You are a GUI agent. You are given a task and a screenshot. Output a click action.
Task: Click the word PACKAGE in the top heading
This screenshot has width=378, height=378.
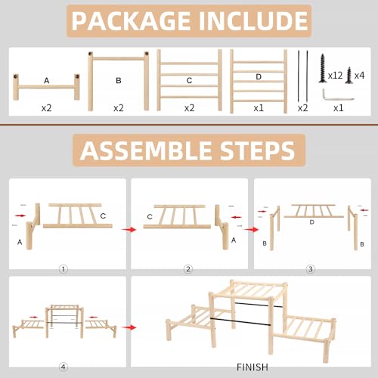click(131, 21)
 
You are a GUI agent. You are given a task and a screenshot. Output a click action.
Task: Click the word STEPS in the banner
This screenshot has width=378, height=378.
click(257, 150)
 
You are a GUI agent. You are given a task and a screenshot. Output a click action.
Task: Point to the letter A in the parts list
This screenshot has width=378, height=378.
click(46, 81)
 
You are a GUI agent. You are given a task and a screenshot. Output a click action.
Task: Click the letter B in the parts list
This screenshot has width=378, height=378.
click(119, 80)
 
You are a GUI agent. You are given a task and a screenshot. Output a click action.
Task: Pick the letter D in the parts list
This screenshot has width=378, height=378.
click(259, 76)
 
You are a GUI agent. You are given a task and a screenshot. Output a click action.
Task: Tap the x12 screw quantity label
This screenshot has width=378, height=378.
click(335, 76)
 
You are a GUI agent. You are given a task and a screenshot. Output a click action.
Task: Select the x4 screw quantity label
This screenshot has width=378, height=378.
click(359, 76)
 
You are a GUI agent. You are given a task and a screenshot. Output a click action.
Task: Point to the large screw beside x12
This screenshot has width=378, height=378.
click(322, 68)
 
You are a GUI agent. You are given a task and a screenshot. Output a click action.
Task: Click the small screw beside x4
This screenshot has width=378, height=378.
click(349, 75)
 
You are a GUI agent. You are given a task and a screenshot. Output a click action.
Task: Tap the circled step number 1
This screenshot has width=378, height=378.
click(64, 269)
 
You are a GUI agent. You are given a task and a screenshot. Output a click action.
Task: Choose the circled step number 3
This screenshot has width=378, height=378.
click(311, 269)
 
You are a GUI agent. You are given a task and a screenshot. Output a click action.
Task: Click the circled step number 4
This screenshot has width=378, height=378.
click(64, 367)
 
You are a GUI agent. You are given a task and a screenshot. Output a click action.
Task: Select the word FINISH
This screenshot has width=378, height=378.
click(253, 367)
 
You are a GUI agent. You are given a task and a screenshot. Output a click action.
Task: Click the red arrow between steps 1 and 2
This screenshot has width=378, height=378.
click(129, 229)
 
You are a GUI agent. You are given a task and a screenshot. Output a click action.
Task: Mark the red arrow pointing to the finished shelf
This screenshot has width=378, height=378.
click(129, 327)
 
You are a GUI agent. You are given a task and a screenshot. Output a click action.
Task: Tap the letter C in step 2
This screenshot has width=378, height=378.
click(150, 217)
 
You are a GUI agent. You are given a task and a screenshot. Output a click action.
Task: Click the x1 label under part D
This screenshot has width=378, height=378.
click(259, 108)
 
